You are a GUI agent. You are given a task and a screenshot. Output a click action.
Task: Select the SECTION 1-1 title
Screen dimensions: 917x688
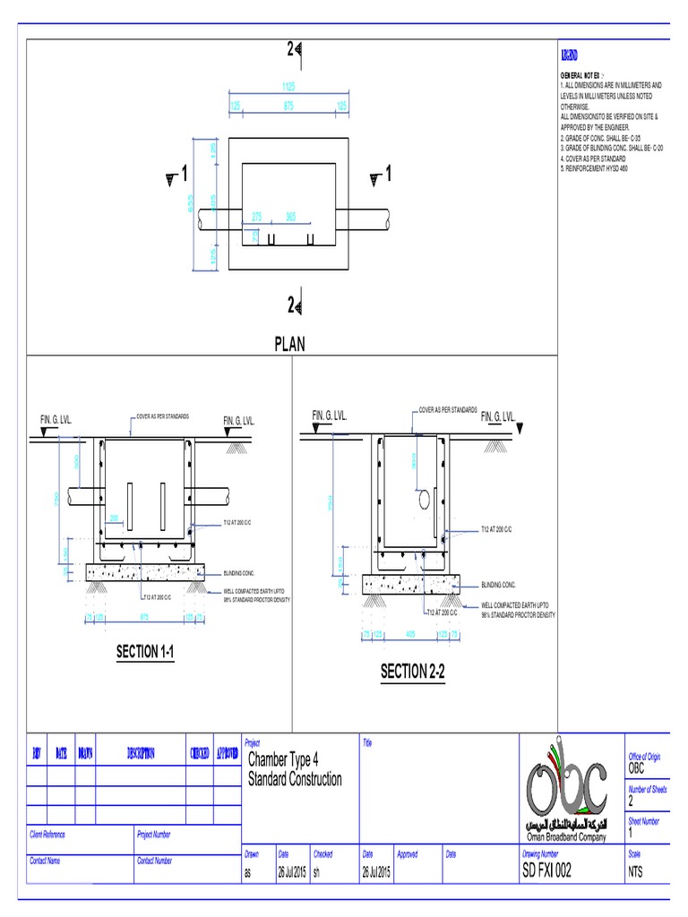tap(144, 652)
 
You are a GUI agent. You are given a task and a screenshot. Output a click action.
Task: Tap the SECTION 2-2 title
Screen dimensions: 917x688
tap(413, 672)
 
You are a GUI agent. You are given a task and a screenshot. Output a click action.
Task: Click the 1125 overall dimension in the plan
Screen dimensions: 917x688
tap(288, 88)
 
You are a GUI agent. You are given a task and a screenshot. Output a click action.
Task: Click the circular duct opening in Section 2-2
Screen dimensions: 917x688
tap(423, 498)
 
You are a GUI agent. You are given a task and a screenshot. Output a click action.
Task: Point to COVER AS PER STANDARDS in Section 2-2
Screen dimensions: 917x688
tap(448, 410)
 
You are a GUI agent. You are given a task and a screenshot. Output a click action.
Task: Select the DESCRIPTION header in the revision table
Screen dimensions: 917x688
tap(140, 753)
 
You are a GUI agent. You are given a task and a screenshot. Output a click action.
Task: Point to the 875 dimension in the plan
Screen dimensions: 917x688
tap(288, 106)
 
